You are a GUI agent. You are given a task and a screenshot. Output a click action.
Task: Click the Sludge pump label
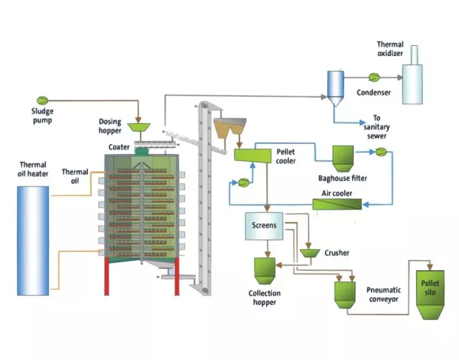43,116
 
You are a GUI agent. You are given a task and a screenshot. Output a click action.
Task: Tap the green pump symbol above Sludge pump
42,100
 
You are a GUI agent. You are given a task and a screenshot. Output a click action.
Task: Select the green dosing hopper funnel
139,127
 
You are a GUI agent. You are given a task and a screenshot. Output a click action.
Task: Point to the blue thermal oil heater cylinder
34,240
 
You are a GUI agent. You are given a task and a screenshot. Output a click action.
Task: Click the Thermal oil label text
75,176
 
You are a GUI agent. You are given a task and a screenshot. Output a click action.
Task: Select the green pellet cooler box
252,155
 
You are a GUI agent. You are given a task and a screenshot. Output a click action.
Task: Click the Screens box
264,225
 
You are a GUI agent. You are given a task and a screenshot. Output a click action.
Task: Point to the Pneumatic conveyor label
383,294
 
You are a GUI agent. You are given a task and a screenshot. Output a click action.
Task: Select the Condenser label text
373,92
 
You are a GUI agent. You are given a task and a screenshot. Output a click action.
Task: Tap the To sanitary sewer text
377,127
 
